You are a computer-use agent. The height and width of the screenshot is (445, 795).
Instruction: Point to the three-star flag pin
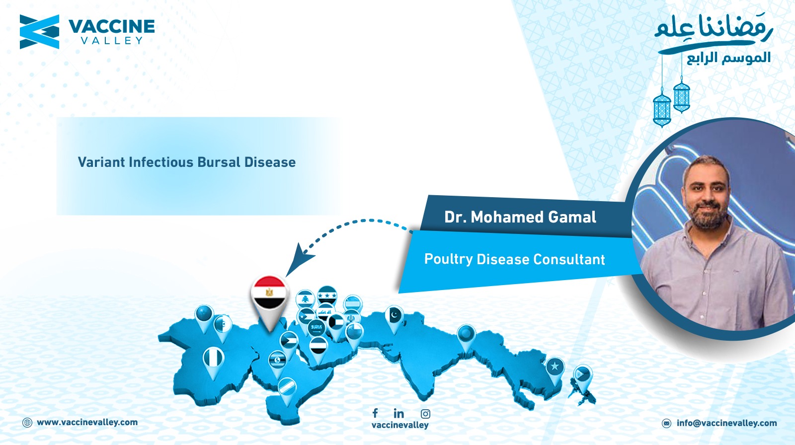pyautogui.click(x=327, y=295)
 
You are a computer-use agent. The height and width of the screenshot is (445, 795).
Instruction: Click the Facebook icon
pyautogui.click(x=375, y=413)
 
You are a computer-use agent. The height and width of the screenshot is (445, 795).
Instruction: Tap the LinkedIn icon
pyautogui.click(x=398, y=413)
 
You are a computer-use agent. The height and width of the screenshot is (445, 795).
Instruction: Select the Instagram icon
pyautogui.click(x=425, y=414)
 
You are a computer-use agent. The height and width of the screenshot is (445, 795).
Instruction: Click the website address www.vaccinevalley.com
pyautogui.click(x=87, y=422)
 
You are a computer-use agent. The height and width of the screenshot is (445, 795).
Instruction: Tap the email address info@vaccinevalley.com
pyautogui.click(x=726, y=423)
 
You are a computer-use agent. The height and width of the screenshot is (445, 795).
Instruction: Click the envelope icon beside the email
pyautogui.click(x=666, y=423)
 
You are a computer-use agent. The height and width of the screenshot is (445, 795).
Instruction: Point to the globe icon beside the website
pyautogui.click(x=27, y=423)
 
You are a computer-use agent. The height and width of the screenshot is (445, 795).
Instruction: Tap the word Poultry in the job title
pyautogui.click(x=449, y=259)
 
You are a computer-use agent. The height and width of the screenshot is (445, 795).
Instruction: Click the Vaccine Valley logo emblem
pyautogui.click(x=39, y=32)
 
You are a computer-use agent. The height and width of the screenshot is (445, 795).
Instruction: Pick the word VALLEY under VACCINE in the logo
pyautogui.click(x=112, y=40)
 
